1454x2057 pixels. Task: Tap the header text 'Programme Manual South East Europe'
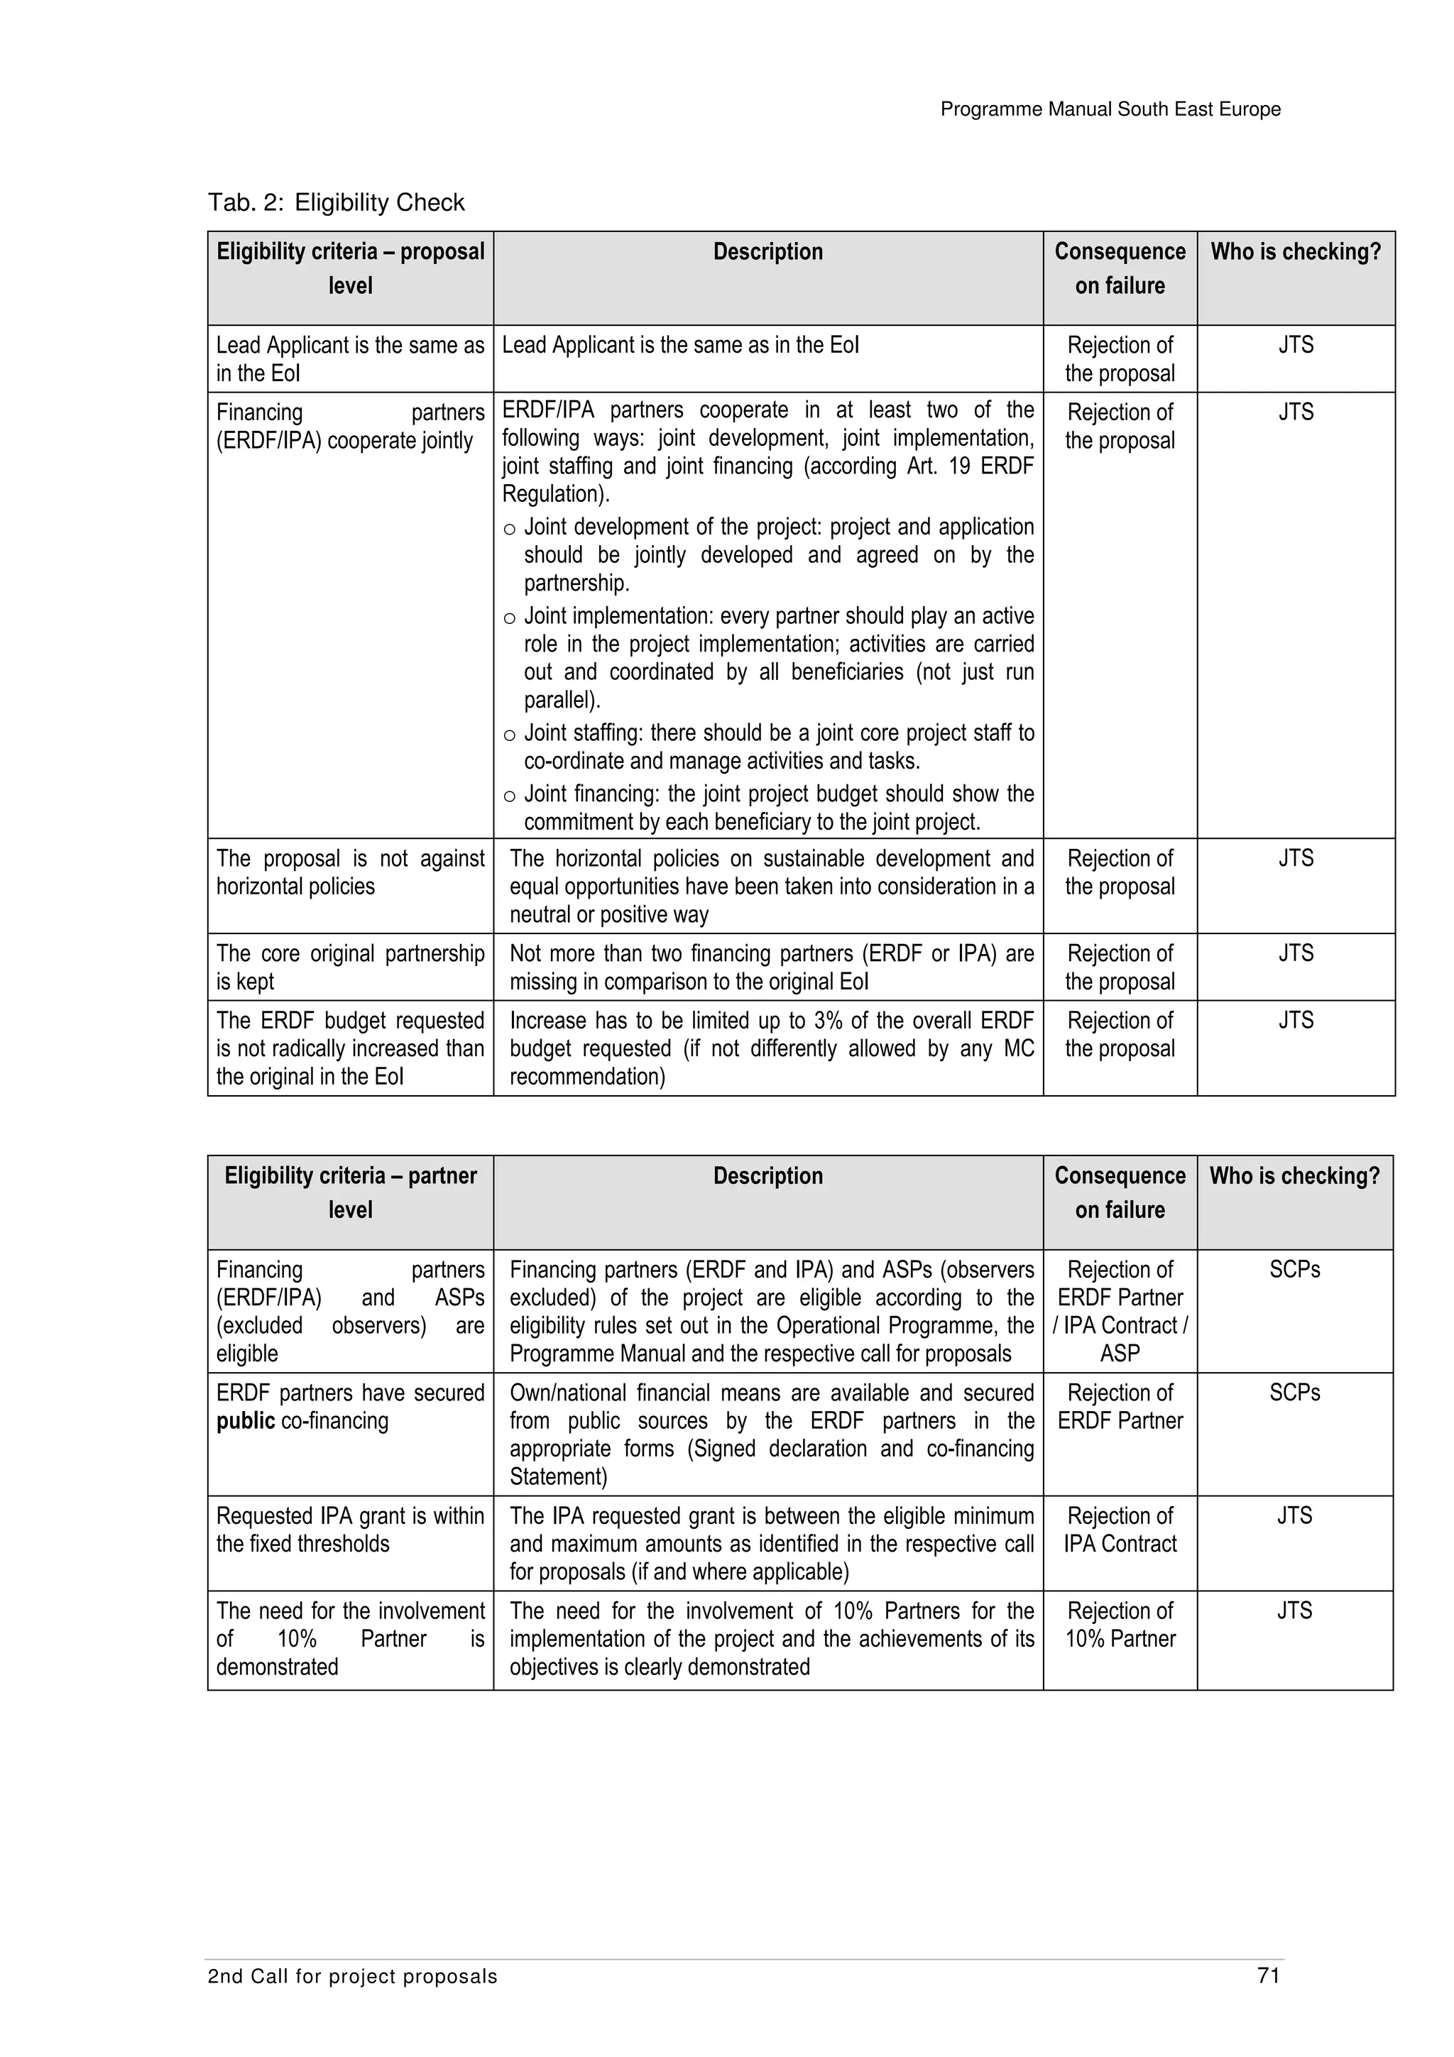[x=1110, y=109]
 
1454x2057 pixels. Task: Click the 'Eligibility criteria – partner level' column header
[x=350, y=1192]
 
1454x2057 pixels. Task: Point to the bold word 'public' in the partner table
[x=246, y=1421]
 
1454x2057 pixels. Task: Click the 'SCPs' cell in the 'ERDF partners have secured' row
[x=1294, y=1393]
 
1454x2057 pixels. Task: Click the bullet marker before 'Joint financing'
[x=509, y=797]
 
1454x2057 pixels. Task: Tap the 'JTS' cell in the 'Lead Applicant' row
[x=1296, y=345]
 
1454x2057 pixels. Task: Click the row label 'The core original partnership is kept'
[x=350, y=967]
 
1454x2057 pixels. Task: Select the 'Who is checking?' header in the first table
[x=1296, y=252]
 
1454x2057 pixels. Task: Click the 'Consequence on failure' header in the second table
[x=1120, y=1192]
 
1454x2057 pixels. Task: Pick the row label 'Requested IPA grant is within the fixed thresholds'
[x=350, y=1530]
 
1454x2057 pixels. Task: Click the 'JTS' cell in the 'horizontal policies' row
[x=1296, y=858]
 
